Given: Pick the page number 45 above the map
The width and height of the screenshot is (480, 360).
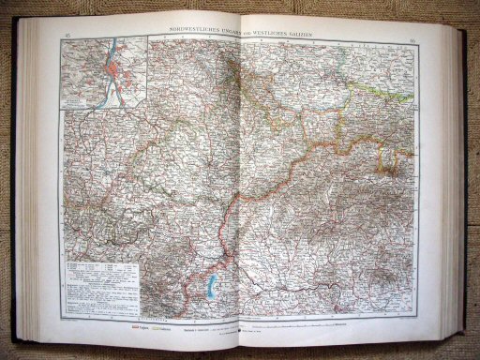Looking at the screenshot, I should [66, 36].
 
